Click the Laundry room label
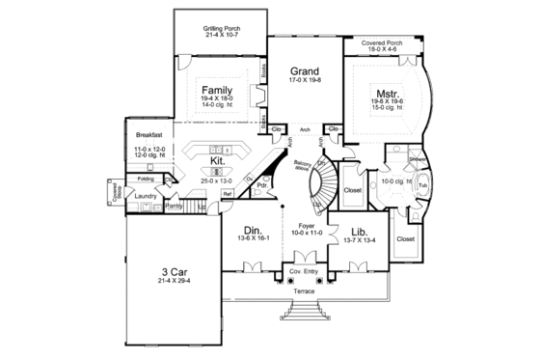coord(147,196)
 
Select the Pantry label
coord(175,207)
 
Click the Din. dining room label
coord(254,230)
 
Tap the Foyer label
coord(304,225)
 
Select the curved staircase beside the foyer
coord(321,183)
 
